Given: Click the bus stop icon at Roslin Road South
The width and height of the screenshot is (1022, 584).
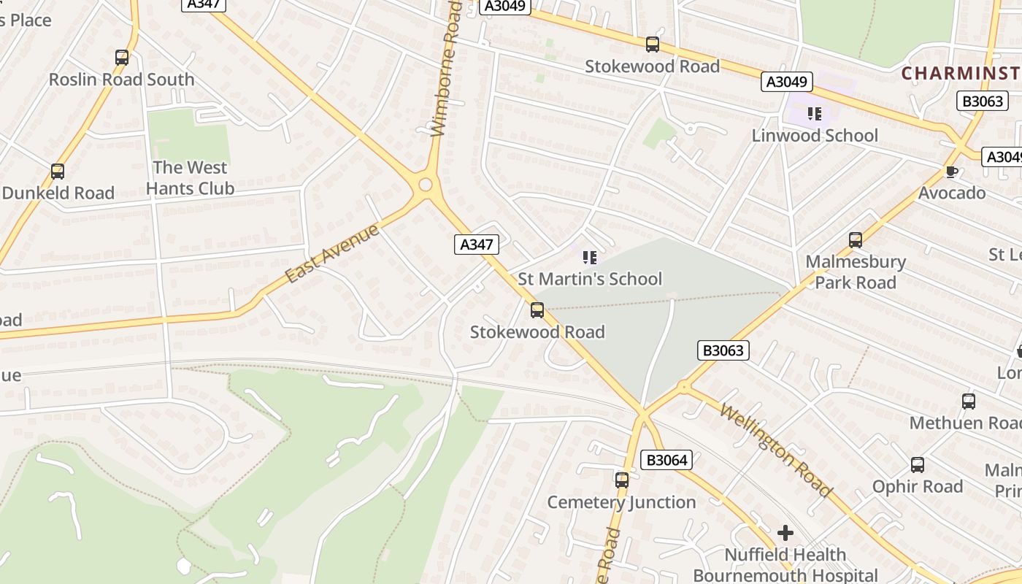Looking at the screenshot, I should tap(122, 58).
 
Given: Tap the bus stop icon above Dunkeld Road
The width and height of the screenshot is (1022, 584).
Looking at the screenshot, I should tap(57, 172).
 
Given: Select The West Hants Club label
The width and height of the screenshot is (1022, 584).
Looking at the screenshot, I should tap(190, 178).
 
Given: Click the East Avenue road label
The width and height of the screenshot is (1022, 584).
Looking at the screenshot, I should tap(332, 253).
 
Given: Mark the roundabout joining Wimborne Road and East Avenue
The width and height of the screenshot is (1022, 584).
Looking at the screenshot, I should tap(426, 185).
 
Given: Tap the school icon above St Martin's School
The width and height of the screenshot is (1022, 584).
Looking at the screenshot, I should tap(589, 257).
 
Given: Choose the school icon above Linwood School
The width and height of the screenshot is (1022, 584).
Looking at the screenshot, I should tap(815, 113).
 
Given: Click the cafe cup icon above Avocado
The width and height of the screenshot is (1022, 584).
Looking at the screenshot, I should tap(951, 172).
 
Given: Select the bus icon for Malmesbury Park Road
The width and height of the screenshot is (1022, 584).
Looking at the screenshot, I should tap(855, 239).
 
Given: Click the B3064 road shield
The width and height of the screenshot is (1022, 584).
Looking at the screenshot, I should tap(665, 460).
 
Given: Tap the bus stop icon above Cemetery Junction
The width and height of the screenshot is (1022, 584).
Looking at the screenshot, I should tap(621, 480).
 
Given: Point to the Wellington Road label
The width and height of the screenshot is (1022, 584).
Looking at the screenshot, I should tap(775, 450).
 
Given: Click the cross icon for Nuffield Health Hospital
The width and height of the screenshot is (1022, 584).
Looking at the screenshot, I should tap(785, 533).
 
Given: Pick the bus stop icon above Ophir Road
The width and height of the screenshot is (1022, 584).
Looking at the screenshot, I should tap(918, 465).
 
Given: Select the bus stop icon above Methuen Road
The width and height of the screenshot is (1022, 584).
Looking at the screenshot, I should tap(968, 401).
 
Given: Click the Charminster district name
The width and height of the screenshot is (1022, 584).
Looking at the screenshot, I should tap(960, 73).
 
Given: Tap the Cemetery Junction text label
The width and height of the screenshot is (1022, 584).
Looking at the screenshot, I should tap(621, 502).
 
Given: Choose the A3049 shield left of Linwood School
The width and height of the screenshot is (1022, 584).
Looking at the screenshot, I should tap(786, 82).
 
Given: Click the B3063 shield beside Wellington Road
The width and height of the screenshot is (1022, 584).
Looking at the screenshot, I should tap(723, 350).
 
